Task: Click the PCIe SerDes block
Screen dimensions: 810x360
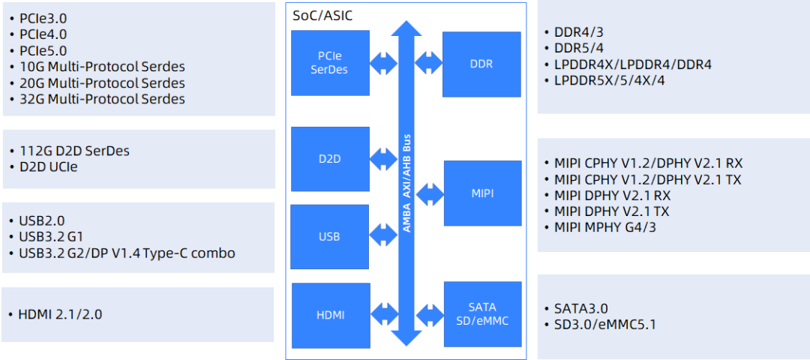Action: tap(330, 63)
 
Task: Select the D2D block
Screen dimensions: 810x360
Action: tap(330, 159)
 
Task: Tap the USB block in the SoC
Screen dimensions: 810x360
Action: tap(329, 237)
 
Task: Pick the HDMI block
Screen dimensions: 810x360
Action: tap(331, 315)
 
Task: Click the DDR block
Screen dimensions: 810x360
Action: tap(481, 64)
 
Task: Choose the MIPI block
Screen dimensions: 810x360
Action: tap(482, 193)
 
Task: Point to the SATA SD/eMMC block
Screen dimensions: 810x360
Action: tap(482, 314)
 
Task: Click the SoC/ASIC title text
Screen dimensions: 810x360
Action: tap(322, 16)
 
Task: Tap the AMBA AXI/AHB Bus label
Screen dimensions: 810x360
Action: tap(407, 183)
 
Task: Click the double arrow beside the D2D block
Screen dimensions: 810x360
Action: tap(383, 159)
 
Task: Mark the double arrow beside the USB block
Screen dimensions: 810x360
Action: tap(382, 235)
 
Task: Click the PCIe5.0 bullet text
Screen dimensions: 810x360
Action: tap(43, 51)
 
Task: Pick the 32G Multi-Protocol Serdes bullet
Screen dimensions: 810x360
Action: tap(102, 99)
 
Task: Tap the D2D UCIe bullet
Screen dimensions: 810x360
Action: tap(48, 167)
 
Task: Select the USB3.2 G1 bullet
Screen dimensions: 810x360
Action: tap(51, 237)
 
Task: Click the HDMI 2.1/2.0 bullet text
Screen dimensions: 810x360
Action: tap(60, 314)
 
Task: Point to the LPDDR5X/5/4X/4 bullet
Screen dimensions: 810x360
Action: tap(610, 81)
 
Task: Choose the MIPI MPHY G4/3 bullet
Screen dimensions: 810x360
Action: tap(605, 227)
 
